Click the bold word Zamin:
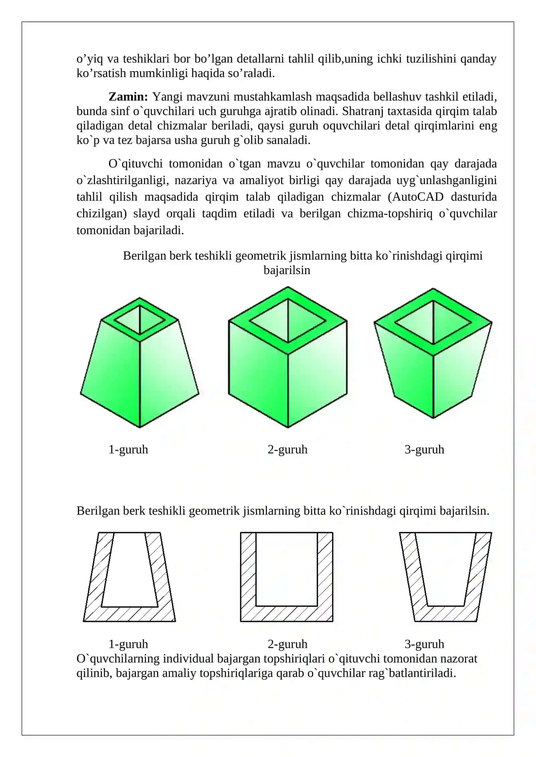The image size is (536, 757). [x=128, y=97]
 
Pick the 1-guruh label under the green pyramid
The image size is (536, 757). [x=128, y=449]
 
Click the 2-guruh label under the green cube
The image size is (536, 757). [x=287, y=449]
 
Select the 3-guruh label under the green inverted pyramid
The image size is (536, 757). [x=424, y=449]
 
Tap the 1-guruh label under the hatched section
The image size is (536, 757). [x=128, y=644]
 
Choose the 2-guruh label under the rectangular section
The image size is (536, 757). [x=287, y=644]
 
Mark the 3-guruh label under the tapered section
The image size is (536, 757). [x=424, y=644]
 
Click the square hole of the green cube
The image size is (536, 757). [x=288, y=321]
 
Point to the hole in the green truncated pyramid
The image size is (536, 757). [x=140, y=320]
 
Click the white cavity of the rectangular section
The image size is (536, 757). [x=286, y=569]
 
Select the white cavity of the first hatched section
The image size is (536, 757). [x=129, y=569]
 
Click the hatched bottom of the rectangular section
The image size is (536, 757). [x=287, y=613]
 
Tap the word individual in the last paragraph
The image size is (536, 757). [x=188, y=658]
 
